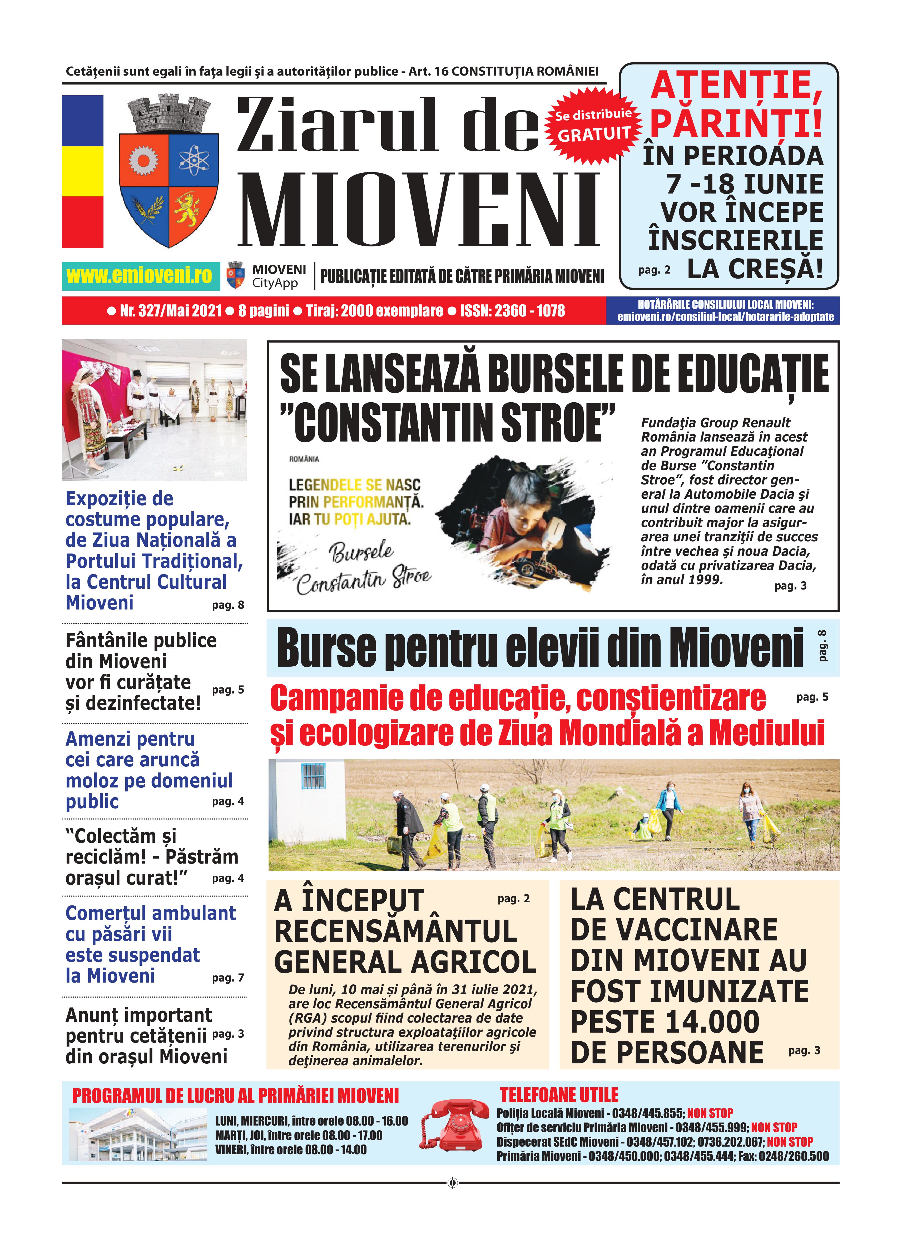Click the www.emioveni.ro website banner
click(x=140, y=275)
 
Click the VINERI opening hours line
click(x=291, y=1150)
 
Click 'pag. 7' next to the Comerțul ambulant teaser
click(x=228, y=977)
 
